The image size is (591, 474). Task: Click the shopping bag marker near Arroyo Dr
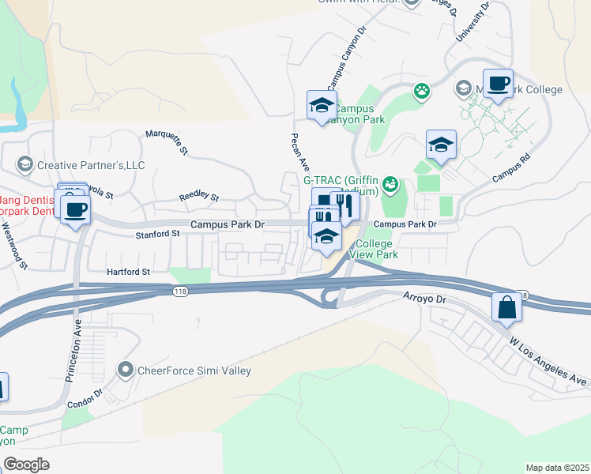(x=506, y=307)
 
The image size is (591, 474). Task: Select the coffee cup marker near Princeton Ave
(x=76, y=210)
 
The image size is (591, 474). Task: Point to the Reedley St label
(x=198, y=197)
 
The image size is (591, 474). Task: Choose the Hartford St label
(x=128, y=272)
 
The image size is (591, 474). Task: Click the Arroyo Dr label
(x=424, y=300)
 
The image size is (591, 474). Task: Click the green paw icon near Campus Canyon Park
(x=422, y=92)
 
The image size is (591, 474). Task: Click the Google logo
(x=26, y=464)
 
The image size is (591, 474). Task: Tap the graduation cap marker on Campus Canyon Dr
(x=322, y=105)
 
